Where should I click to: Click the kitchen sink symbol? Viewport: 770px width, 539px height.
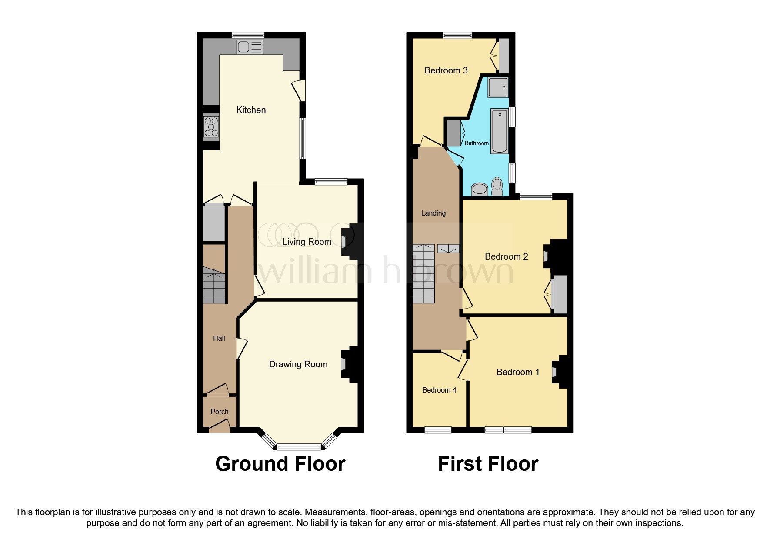tap(250, 47)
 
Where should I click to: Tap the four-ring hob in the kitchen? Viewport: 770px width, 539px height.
tap(211, 126)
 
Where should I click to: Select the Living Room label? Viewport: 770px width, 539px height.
tap(307, 242)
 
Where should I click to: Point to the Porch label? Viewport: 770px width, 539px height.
tap(219, 412)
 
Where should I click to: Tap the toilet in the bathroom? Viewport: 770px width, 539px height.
tap(497, 186)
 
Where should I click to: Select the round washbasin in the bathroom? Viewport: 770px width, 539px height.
tap(480, 189)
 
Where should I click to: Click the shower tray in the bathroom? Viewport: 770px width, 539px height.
tap(498, 87)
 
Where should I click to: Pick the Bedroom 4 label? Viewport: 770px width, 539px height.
tap(439, 390)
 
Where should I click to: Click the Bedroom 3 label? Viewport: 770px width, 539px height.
tap(446, 70)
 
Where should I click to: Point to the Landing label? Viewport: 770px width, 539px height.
tap(433, 213)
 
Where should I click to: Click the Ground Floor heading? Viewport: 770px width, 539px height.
tap(280, 464)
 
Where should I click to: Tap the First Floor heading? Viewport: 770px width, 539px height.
tap(488, 464)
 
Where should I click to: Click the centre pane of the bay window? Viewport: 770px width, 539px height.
tap(299, 446)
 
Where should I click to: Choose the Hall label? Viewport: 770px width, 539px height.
tap(219, 338)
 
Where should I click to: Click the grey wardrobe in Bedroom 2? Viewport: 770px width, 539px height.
tap(560, 294)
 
